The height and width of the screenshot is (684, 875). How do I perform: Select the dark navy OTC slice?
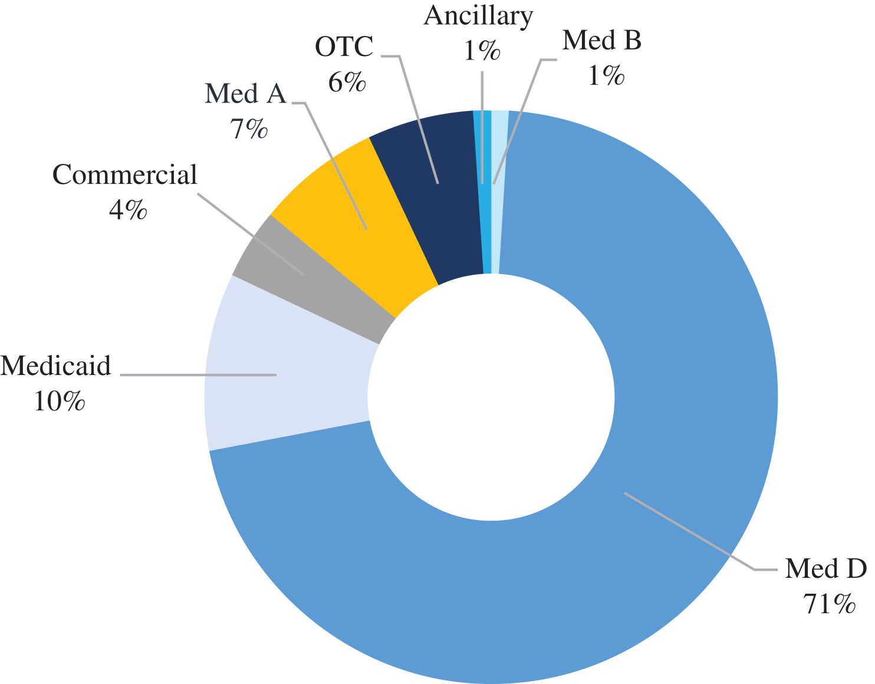coord(430,195)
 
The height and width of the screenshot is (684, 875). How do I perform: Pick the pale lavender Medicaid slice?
coord(289,377)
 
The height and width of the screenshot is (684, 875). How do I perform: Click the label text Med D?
coord(825,568)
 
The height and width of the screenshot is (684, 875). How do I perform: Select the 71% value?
coord(828,604)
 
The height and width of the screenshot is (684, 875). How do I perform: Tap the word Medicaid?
coord(56,366)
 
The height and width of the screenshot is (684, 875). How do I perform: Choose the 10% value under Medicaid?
coord(59,402)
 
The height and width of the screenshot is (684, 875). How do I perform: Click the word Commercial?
coord(125,175)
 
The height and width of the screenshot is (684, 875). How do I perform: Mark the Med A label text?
coord(245,94)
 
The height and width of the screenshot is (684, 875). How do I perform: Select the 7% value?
coord(249,129)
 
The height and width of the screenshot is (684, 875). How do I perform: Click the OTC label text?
coord(344,47)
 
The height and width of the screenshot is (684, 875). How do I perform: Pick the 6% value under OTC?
coord(347,82)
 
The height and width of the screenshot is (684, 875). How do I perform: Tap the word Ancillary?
coord(478,15)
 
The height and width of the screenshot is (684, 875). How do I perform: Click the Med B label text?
coord(602,40)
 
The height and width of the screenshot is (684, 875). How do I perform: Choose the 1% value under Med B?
coord(606,75)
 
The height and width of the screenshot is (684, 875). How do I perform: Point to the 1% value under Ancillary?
coord(482,51)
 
